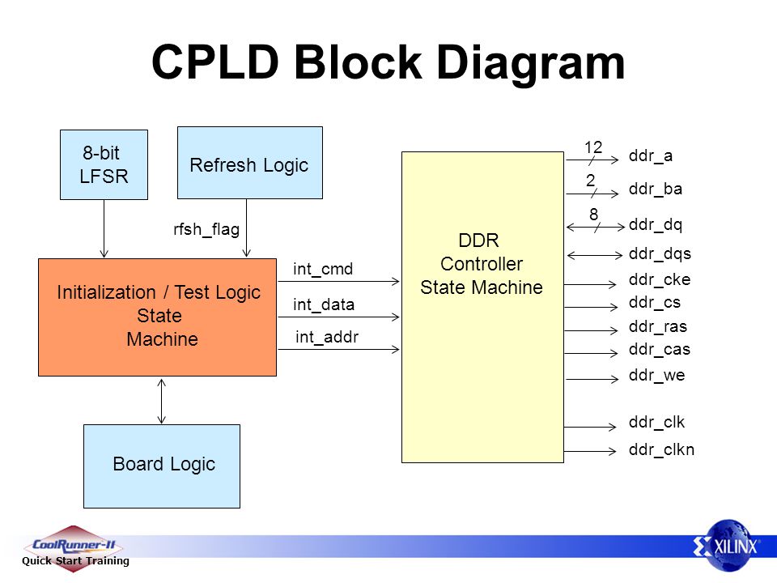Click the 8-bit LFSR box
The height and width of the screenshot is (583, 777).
tap(104, 164)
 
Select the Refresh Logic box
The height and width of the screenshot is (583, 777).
tap(250, 163)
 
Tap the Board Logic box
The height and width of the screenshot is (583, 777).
tap(162, 466)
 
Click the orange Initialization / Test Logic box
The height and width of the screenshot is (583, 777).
tap(157, 317)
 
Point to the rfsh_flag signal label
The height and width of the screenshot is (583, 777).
tap(206, 229)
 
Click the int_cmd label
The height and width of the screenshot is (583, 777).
tap(323, 269)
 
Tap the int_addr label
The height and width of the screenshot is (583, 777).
tap(326, 337)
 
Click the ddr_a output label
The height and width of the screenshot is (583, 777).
tap(651, 156)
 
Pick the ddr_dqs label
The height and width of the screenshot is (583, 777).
tap(660, 253)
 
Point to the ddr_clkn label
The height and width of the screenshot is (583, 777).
tap(661, 449)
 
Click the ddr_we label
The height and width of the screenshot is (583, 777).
tap(656, 375)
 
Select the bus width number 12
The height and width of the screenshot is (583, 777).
tap(592, 147)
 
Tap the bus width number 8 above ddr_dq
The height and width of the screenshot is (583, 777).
tap(593, 214)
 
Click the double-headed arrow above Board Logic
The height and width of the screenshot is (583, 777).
tap(162, 401)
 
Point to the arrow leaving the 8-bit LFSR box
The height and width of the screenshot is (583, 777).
tap(104, 228)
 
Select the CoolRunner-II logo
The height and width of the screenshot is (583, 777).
tap(74, 549)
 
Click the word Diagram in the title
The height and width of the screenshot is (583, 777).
tap(531, 63)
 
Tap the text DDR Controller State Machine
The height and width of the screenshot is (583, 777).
tap(482, 264)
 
